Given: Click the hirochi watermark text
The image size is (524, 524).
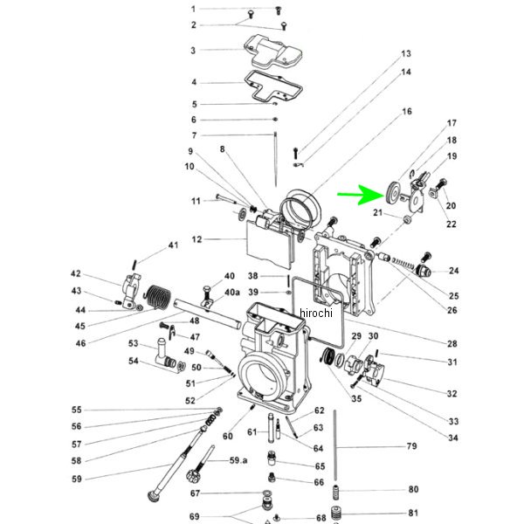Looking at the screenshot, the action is coord(316,313).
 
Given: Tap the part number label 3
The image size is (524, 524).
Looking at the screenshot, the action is coord(193,51).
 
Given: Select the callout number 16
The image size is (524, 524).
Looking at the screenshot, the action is coord(407,111).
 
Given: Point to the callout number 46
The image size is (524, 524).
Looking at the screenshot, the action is coord(80,343).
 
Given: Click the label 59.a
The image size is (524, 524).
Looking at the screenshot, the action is coord(238,460).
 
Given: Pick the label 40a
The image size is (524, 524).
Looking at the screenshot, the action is coord(232,292).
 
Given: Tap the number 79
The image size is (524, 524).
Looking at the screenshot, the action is coord(411,445).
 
